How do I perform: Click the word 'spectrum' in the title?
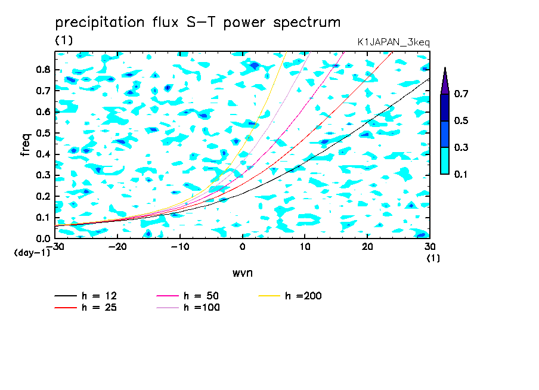(x=306, y=23)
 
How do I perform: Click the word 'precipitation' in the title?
(x=100, y=23)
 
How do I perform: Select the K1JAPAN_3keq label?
(x=394, y=42)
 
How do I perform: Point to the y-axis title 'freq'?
(x=26, y=145)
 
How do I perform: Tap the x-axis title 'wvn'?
(x=243, y=273)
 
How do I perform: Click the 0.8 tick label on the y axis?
(x=43, y=69)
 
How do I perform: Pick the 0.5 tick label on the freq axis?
(x=43, y=133)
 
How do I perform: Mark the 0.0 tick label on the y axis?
(x=43, y=239)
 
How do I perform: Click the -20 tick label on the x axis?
(x=117, y=247)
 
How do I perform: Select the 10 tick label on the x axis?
(x=305, y=247)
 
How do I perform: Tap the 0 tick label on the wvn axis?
(x=242, y=247)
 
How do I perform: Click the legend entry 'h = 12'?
(x=86, y=296)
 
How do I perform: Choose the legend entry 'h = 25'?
(x=86, y=308)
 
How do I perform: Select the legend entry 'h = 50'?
(x=188, y=296)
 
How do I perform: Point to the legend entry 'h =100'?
(x=188, y=308)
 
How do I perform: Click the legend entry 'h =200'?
(x=290, y=296)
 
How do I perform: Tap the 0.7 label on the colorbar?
(x=461, y=94)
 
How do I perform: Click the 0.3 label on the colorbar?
(x=461, y=147)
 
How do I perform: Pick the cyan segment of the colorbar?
(x=445, y=161)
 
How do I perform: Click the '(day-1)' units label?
(x=32, y=253)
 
